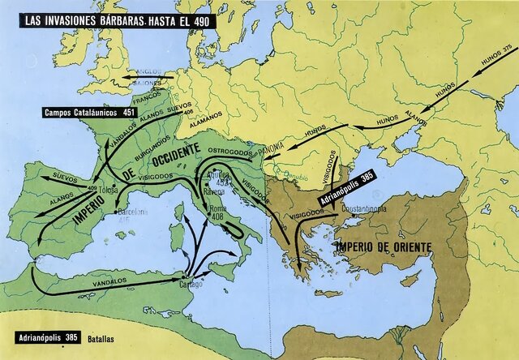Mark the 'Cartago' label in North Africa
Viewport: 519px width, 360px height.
[x=191, y=284]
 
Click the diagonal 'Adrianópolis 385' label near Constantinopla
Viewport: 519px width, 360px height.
[x=338, y=189]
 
